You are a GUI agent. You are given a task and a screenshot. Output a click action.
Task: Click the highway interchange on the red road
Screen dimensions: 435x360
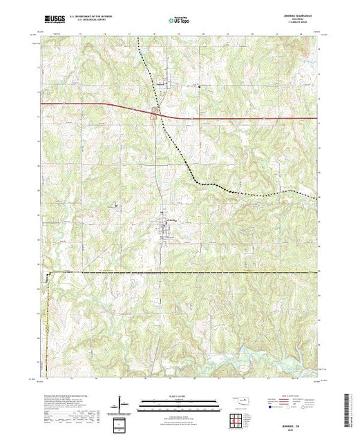click(x=156, y=113)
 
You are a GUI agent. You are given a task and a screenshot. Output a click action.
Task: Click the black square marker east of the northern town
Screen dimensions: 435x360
click(x=200, y=86)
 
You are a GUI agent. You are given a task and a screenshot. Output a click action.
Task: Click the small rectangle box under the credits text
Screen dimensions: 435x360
click(x=122, y=422)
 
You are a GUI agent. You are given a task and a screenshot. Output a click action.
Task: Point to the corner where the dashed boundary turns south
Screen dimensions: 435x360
click(x=48, y=273)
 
